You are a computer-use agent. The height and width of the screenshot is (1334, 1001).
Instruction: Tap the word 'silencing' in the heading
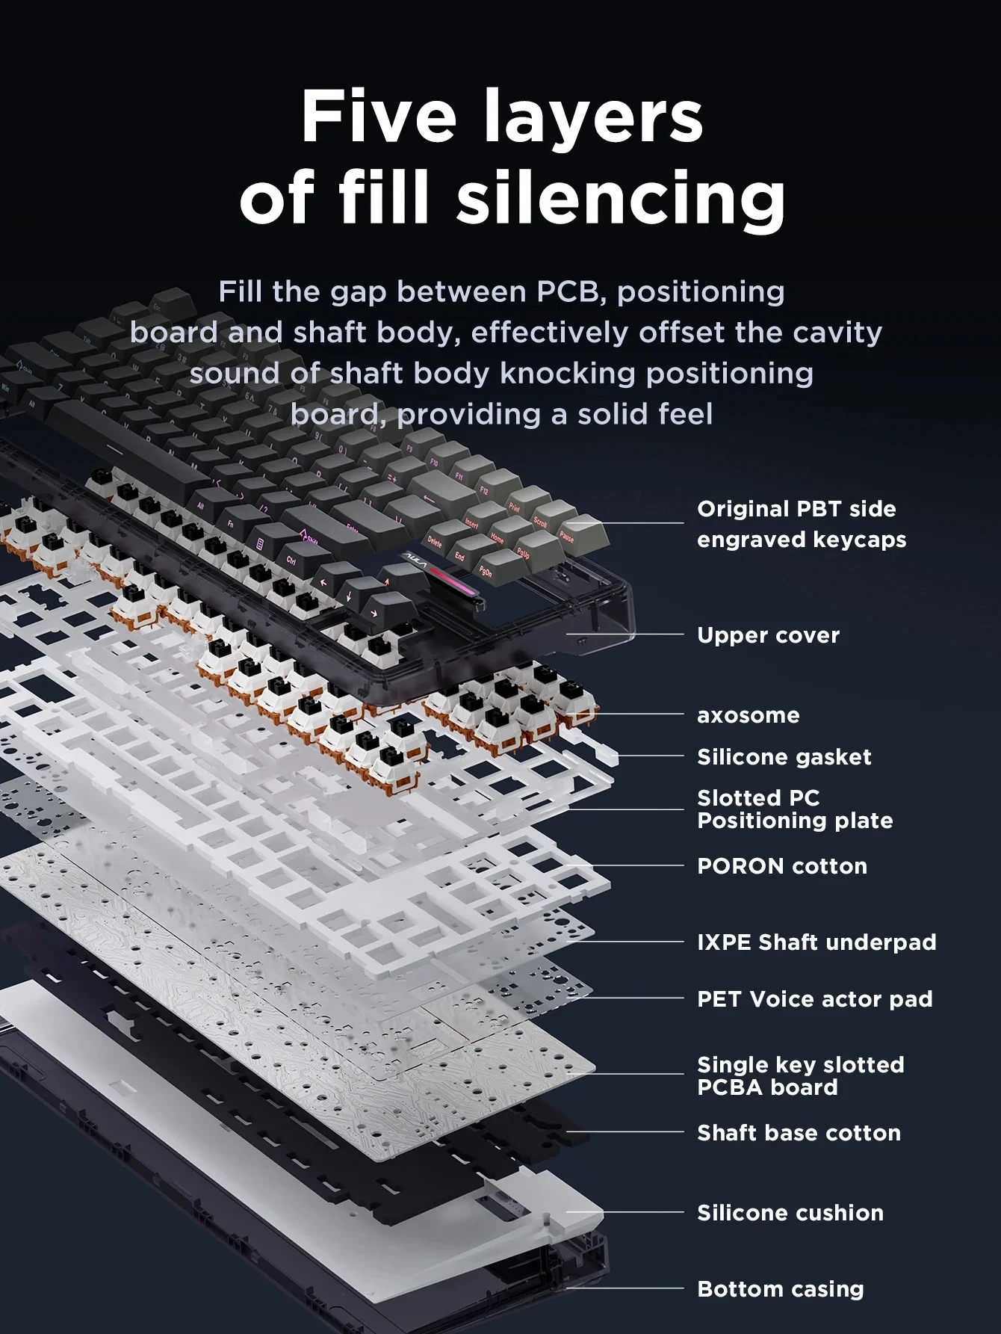621,197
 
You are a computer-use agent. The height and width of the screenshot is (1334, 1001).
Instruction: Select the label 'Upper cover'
768,635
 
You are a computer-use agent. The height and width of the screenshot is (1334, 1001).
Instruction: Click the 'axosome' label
748,715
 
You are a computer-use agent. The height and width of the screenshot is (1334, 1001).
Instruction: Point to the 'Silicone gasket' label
784,757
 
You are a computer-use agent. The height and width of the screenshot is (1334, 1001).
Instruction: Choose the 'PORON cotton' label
781,866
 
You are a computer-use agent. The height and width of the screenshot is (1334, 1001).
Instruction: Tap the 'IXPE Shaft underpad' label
816,942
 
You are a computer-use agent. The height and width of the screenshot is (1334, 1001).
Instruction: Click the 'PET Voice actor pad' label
814,999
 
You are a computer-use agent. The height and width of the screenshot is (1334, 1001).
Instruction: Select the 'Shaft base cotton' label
799,1133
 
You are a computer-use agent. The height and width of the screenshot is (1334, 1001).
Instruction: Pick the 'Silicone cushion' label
790,1213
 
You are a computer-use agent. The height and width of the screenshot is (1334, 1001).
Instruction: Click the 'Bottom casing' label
780,1289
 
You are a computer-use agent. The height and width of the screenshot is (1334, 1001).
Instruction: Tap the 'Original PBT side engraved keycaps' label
801,524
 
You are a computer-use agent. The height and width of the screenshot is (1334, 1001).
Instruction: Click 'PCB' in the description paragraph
568,291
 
